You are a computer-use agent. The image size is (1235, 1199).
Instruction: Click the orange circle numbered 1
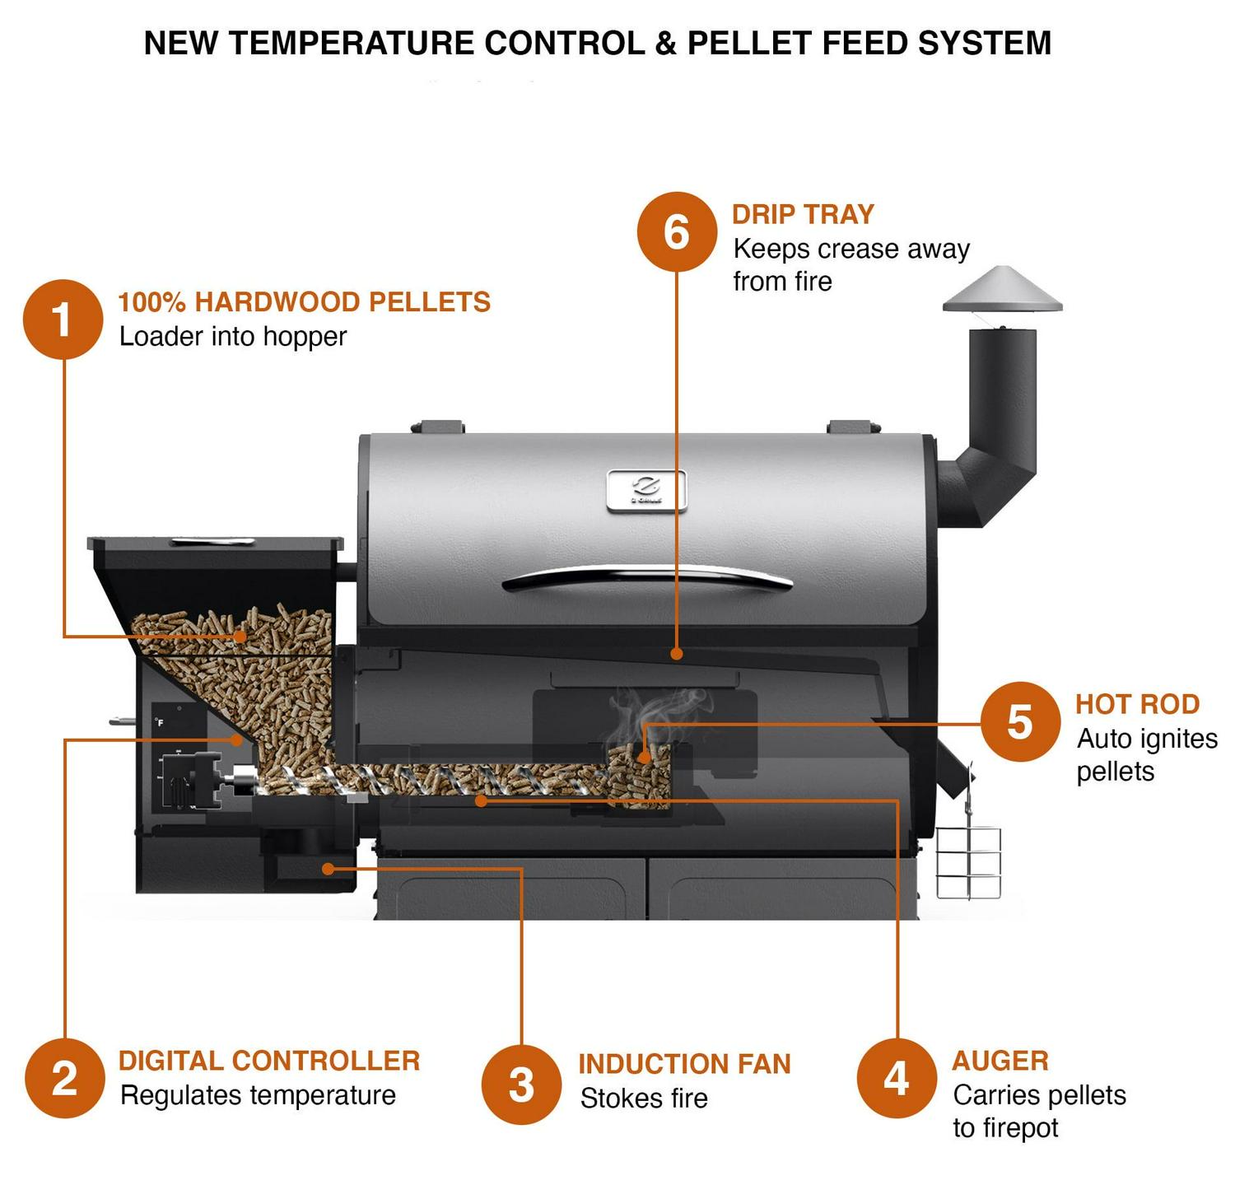click(x=63, y=320)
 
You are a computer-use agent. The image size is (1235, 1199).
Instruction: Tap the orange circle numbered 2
click(x=65, y=1078)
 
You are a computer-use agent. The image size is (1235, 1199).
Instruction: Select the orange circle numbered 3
click(x=521, y=1085)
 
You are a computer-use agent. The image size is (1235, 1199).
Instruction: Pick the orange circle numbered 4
click(x=897, y=1078)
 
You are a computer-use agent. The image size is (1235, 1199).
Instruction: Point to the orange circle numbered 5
click(x=1020, y=722)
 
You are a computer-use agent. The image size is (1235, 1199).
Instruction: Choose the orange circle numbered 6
click(x=677, y=231)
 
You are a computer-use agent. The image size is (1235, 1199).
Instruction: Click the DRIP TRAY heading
click(x=803, y=214)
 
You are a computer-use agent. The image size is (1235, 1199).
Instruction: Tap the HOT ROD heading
click(x=1137, y=704)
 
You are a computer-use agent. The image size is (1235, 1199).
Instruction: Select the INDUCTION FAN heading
click(x=684, y=1064)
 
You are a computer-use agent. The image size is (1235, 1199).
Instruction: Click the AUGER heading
click(x=1000, y=1061)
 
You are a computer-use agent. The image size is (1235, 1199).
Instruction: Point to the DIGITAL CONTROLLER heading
click(x=269, y=1061)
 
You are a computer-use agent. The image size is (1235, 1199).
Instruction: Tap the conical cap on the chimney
click(x=1002, y=291)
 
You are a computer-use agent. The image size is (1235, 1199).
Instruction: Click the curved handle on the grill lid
click(x=647, y=577)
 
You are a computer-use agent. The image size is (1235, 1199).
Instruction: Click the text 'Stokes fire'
click(x=644, y=1099)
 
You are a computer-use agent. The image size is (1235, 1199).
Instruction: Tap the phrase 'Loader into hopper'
click(x=233, y=337)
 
